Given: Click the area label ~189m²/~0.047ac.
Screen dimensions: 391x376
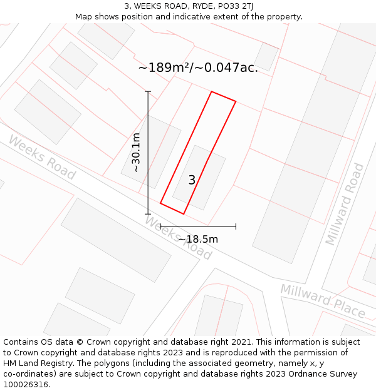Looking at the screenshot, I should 198,68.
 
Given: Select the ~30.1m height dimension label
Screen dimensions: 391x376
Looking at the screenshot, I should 135,153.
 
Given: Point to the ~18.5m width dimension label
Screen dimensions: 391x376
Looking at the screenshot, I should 198,239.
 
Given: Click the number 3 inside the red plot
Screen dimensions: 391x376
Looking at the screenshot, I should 192,180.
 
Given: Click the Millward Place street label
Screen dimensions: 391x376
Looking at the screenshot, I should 323,300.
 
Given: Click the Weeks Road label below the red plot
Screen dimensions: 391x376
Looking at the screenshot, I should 179,238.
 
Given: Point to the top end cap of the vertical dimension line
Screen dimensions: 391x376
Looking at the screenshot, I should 149,92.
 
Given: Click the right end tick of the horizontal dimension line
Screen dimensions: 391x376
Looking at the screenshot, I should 236,226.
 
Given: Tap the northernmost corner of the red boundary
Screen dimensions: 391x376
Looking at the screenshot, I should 212,91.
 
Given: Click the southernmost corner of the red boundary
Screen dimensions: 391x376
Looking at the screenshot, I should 184,214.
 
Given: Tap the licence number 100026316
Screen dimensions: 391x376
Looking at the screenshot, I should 26,384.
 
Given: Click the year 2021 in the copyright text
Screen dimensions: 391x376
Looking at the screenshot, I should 241,342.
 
